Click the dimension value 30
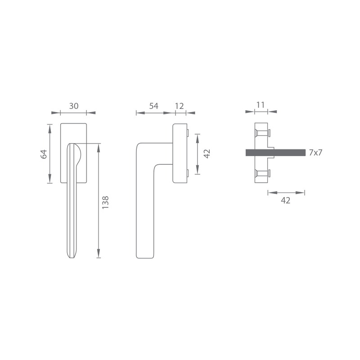coord(74,106)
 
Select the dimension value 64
coord(44,154)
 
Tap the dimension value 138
coord(105,202)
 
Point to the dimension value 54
coord(154,106)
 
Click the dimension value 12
coord(179,106)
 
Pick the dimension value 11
coord(261,105)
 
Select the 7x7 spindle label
coord(316,153)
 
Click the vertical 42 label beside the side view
coord(207,153)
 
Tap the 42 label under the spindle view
coord(286,200)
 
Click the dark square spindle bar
coord(275,153)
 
